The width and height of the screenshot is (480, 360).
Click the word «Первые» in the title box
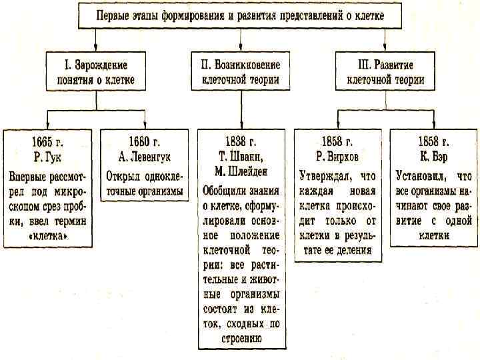click(x=113, y=14)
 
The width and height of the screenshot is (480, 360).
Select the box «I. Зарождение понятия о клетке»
click(x=95, y=73)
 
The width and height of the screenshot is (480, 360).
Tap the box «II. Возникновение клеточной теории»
click(x=240, y=73)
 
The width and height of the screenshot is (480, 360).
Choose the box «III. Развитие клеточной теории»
click(x=386, y=73)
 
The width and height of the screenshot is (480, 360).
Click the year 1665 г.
click(x=47, y=142)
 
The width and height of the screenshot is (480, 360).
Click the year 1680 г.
click(x=145, y=142)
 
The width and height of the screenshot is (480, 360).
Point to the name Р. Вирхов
click(x=337, y=157)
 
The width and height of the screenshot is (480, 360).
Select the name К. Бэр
click(x=433, y=157)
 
